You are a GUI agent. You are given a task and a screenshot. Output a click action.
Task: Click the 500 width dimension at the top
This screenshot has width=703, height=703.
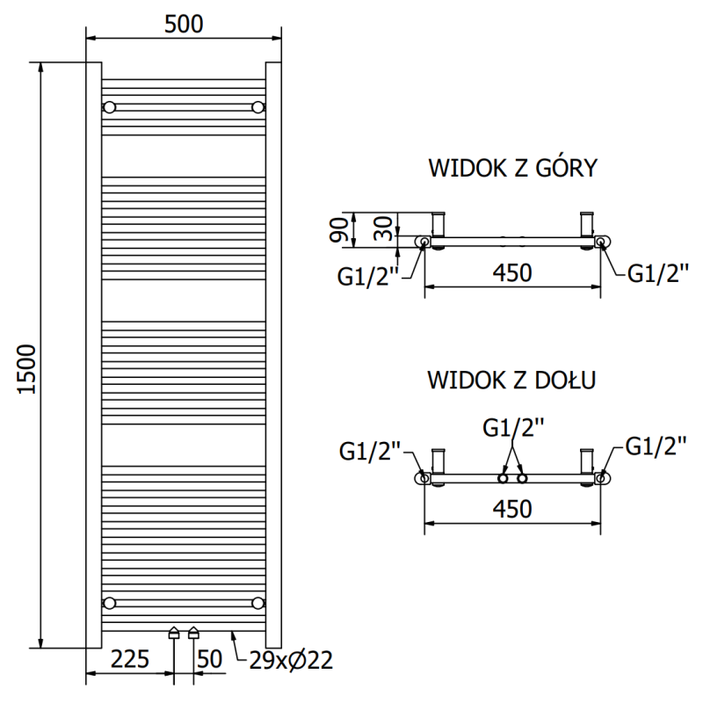[x=184, y=24]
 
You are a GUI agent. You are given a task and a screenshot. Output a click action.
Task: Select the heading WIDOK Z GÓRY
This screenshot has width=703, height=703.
[x=512, y=168]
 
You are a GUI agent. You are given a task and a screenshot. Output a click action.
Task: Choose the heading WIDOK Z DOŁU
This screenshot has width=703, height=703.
[x=512, y=380]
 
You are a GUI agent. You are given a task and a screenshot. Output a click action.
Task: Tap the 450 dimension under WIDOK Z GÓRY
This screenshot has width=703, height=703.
[x=511, y=273]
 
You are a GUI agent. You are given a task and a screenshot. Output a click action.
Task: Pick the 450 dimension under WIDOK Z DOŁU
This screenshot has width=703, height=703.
[x=511, y=509]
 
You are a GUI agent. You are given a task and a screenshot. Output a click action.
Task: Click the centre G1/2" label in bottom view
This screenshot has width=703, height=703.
[x=513, y=427]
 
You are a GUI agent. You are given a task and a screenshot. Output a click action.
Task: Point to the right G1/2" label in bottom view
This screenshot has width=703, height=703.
[x=655, y=447]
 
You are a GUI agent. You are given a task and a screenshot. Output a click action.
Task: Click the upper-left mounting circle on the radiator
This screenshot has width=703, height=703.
[x=109, y=107]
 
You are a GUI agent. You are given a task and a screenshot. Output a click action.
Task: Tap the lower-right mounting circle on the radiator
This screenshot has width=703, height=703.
[x=257, y=602]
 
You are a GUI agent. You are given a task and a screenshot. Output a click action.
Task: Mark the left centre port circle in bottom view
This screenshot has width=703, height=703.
[x=503, y=478]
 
